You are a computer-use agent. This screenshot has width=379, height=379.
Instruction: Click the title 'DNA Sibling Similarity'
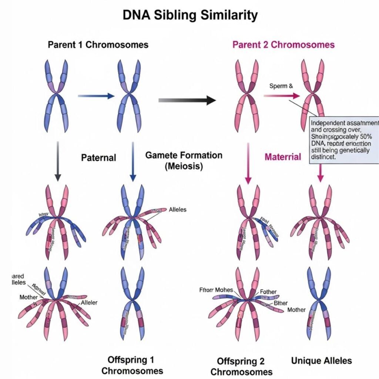[x=189, y=15]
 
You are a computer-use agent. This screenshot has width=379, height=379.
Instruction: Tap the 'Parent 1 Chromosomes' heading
[x=98, y=45]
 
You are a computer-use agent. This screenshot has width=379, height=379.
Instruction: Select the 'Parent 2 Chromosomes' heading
[x=284, y=45]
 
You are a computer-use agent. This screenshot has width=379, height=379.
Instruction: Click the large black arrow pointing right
[x=187, y=100]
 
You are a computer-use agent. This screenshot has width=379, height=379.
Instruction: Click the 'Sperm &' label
[x=281, y=86]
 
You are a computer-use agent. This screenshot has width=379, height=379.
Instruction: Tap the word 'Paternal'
[x=98, y=158]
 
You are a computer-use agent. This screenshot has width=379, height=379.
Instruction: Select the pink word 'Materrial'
[x=283, y=157]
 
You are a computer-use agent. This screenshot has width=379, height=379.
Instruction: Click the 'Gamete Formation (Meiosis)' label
[x=184, y=160]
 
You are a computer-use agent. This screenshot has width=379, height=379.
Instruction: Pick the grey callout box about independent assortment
[x=343, y=140]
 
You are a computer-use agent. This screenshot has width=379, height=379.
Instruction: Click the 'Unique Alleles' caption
[x=321, y=360]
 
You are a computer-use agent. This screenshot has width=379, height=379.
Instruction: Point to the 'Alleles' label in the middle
[x=177, y=209]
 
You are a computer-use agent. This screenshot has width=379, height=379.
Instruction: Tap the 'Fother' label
[x=268, y=291]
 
